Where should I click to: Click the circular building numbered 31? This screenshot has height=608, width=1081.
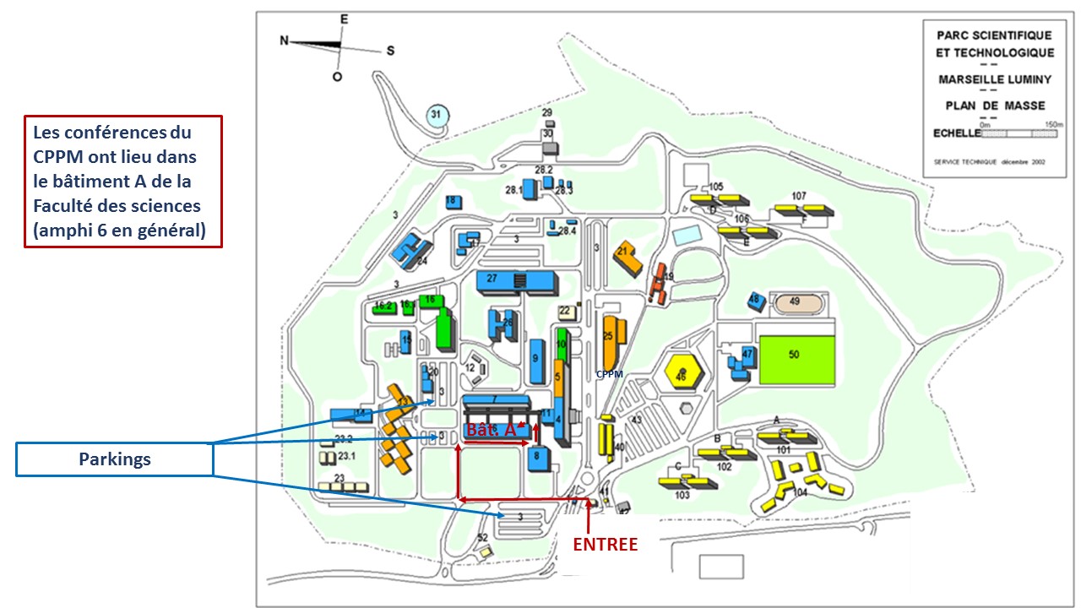[x=436, y=117]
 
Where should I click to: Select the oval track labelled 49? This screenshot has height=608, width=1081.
[x=794, y=301]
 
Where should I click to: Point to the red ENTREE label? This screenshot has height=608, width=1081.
[x=605, y=545]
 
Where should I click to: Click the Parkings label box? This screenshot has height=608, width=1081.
[x=114, y=459]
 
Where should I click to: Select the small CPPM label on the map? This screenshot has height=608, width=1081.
[x=610, y=373]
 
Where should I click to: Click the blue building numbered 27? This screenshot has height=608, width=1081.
[x=502, y=280]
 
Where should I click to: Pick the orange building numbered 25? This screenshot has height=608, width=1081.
[x=611, y=336]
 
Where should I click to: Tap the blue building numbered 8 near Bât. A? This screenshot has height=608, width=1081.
[x=538, y=459]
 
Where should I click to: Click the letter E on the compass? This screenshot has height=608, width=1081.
[x=343, y=18]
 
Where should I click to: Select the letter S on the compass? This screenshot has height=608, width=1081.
[x=390, y=50]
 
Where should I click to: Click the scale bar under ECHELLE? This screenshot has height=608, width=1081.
[x=1019, y=133]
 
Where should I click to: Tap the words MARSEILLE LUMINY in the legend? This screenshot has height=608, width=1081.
[x=995, y=80]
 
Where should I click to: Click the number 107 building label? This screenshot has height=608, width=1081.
[x=799, y=196]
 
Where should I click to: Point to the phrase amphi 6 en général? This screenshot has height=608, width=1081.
[x=118, y=230]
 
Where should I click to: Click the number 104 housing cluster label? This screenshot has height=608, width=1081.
[x=799, y=491]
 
